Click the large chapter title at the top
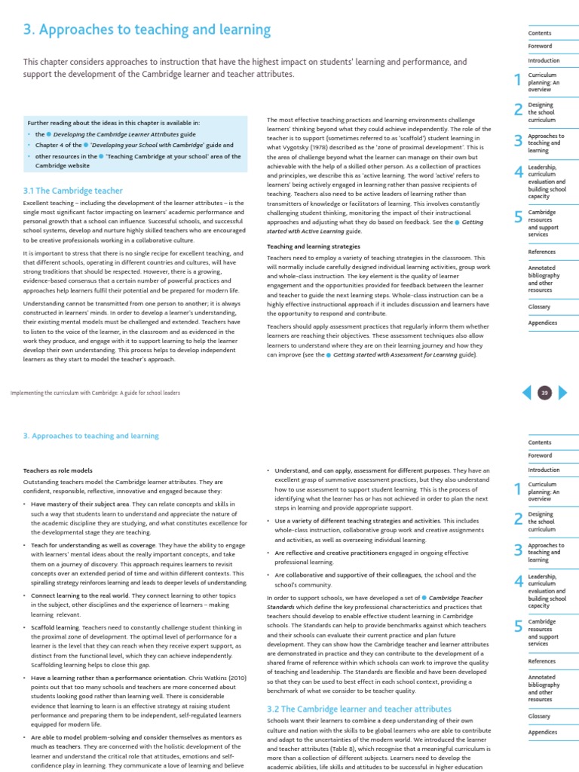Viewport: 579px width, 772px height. [147, 30]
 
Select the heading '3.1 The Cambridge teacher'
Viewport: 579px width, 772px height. [73, 191]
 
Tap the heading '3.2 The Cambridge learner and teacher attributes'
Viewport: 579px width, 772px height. [359, 709]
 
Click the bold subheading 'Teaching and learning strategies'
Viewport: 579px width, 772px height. [314, 247]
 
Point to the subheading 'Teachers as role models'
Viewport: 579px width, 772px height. [58, 470]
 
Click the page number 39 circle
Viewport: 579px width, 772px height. [544, 392]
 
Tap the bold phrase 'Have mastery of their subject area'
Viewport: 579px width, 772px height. [81, 503]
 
